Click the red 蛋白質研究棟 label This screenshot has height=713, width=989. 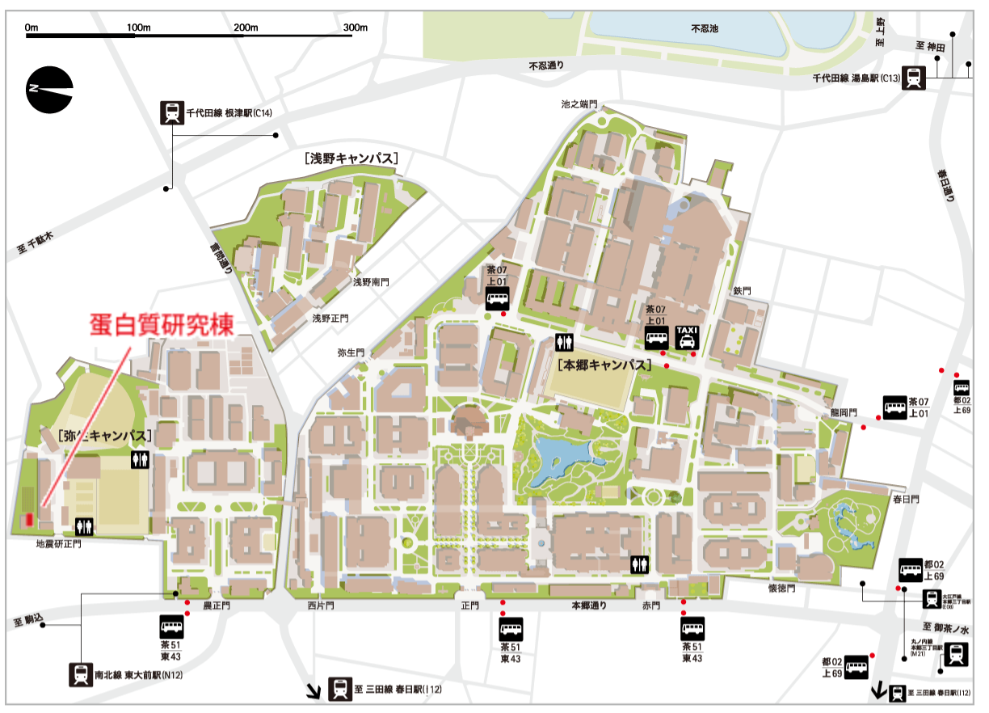coord(161,325)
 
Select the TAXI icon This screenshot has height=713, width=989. coord(687,336)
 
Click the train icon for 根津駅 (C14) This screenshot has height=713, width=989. coord(171,112)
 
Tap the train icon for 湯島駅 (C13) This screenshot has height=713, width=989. coord(914,77)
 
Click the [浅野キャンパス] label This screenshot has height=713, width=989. coord(352,158)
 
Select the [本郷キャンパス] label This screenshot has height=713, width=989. coord(604,365)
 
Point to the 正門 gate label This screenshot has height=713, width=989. coord(469,605)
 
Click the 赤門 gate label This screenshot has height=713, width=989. coord(651,605)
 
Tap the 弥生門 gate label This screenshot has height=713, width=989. coord(351,353)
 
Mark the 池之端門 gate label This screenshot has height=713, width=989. coord(579,104)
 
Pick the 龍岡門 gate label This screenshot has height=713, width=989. coord(842,411)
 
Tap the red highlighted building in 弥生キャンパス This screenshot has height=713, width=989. coord(27,520)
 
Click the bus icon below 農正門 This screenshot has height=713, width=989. coord(171,627)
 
